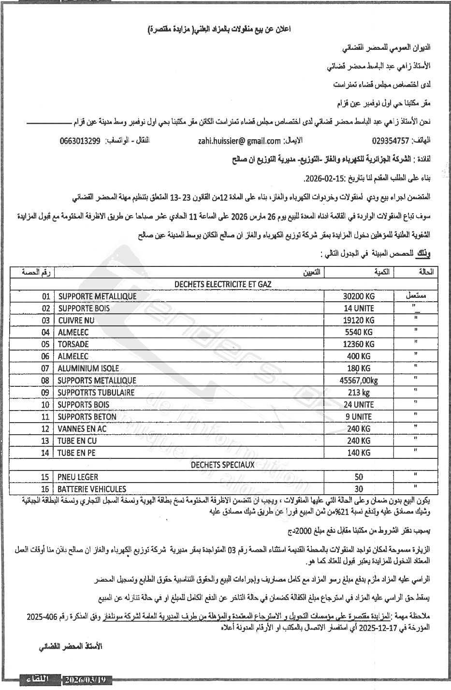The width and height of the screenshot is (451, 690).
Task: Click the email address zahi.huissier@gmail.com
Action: click(239, 141)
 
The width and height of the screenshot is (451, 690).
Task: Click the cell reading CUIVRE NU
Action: click(76, 320)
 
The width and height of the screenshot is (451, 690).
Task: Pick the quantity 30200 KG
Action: click(358, 296)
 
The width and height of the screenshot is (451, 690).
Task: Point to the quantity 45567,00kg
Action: click(358, 381)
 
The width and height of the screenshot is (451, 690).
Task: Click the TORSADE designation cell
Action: click(73, 344)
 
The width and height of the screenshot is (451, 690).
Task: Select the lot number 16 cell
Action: click(45, 489)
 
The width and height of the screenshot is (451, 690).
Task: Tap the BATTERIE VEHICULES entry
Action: click(92, 489)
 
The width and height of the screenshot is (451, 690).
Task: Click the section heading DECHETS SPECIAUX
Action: click(222, 465)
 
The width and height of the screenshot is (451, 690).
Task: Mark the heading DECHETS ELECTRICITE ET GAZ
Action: click(222, 284)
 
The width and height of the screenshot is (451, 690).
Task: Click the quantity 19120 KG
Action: click(358, 320)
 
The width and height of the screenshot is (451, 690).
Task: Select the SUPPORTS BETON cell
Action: click(87, 416)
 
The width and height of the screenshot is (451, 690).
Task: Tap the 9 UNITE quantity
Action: click(358, 416)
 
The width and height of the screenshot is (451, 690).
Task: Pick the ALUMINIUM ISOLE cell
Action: click(88, 368)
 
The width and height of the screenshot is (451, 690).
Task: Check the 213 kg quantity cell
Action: click(358, 392)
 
